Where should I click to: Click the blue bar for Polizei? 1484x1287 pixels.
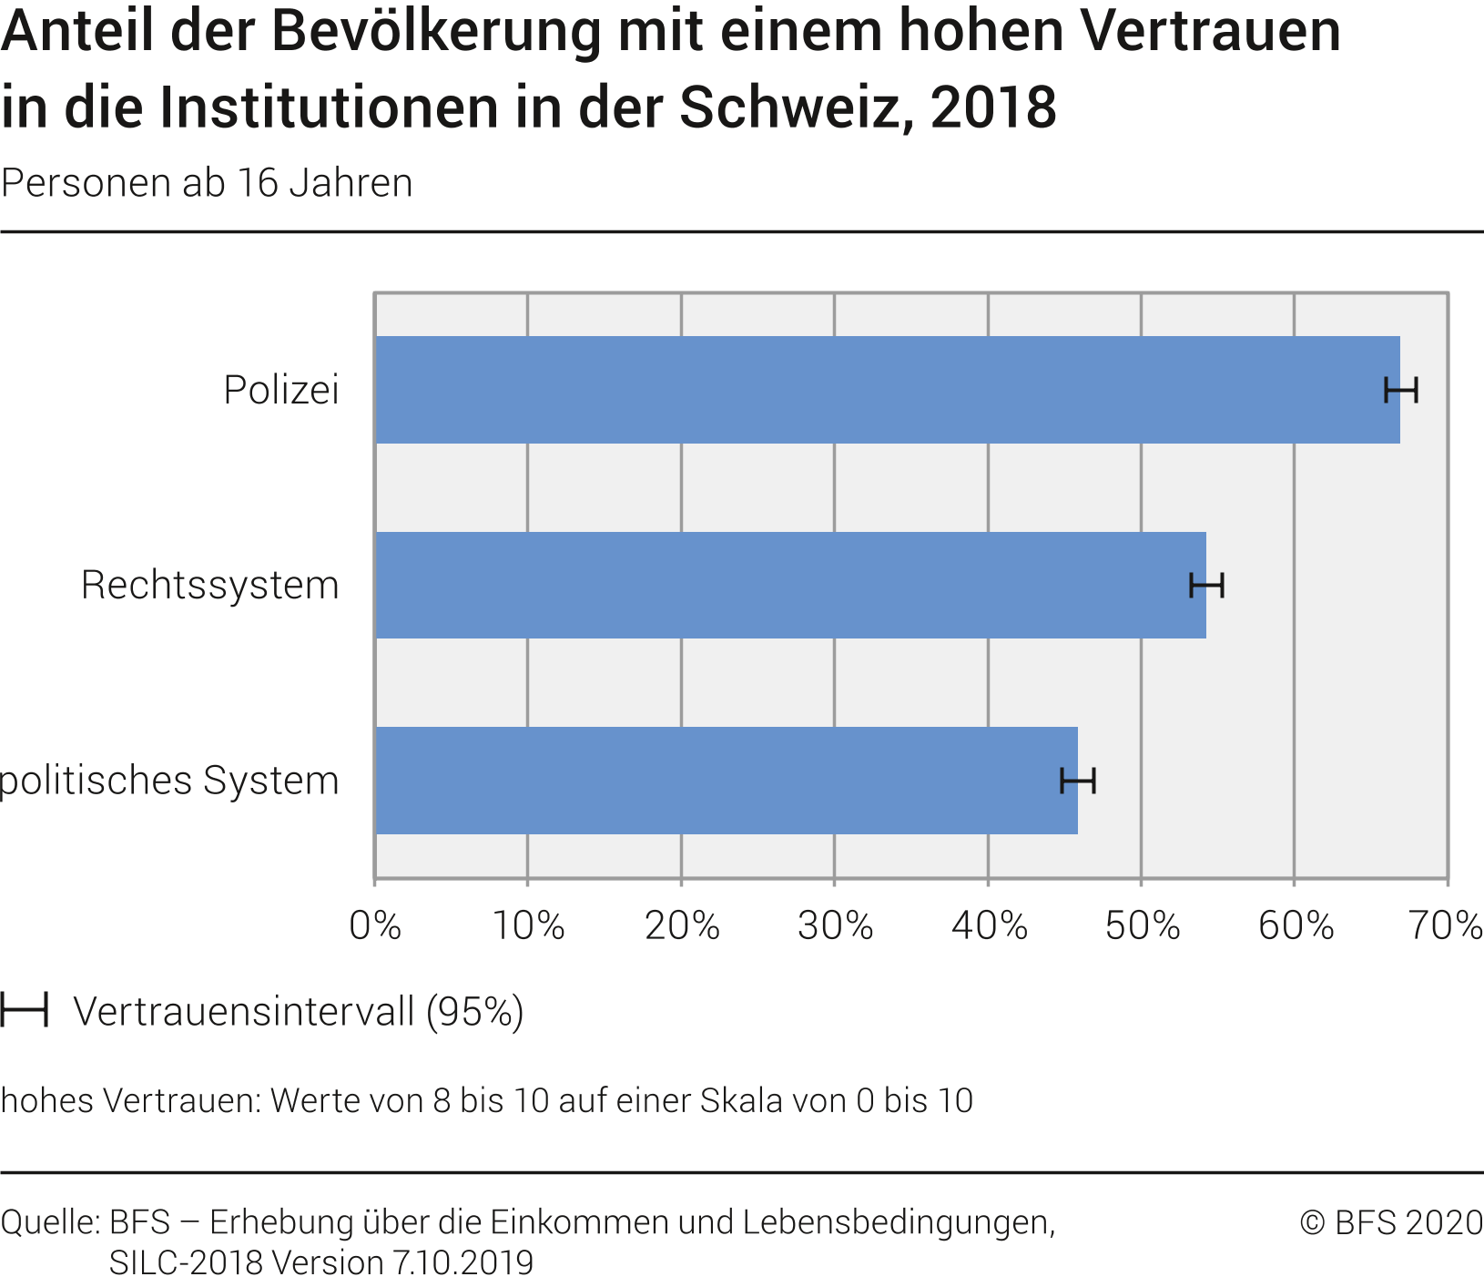point(888,390)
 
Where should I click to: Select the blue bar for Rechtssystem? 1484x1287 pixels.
point(790,585)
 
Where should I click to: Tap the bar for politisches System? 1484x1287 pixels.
point(727,780)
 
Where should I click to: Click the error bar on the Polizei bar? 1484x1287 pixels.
point(1400,390)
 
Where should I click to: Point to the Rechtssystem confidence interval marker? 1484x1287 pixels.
point(1206,585)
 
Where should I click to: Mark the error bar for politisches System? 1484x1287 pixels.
point(1078,781)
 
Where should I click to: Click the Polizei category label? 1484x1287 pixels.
point(281,390)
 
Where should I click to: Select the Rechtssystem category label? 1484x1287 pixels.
point(209,585)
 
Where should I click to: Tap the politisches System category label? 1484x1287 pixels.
point(169,781)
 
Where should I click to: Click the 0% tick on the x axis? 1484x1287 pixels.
point(375,925)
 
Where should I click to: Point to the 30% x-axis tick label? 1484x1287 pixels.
point(835,925)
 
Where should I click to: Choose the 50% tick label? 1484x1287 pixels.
point(1142,925)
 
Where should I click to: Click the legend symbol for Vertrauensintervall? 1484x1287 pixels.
point(24,1010)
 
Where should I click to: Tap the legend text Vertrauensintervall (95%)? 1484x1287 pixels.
point(298,1011)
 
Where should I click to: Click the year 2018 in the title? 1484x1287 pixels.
point(993,107)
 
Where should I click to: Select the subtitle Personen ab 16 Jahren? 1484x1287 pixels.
point(207,183)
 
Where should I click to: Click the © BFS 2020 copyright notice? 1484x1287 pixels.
point(1391,1222)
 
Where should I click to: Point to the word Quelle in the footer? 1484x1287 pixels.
point(49,1222)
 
